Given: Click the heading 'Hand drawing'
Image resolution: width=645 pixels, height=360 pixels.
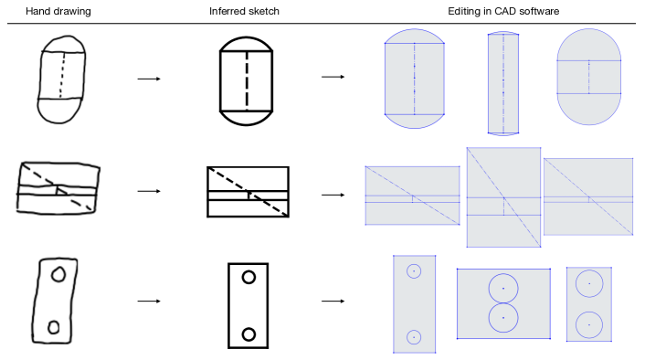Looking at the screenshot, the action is coord(58,11).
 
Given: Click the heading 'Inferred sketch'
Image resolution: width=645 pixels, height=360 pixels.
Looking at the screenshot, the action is coord(244,11).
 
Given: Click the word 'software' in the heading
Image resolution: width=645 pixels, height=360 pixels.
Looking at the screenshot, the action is coord(539,11).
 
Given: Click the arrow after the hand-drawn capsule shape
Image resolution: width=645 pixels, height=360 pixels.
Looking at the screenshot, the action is coord(149,79).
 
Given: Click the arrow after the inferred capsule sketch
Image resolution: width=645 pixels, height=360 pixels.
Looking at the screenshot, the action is coord(333,77).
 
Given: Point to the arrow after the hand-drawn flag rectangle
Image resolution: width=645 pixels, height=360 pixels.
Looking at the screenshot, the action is coord(149,191).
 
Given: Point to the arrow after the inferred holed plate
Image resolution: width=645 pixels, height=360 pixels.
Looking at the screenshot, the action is coord(333,302).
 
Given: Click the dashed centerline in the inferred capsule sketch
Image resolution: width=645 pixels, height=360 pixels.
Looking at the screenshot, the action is coord(247,81).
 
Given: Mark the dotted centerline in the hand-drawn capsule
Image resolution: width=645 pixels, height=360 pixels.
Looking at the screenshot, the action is coord(62,74).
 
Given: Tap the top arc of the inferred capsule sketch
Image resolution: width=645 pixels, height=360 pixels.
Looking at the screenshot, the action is coord(247,37).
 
